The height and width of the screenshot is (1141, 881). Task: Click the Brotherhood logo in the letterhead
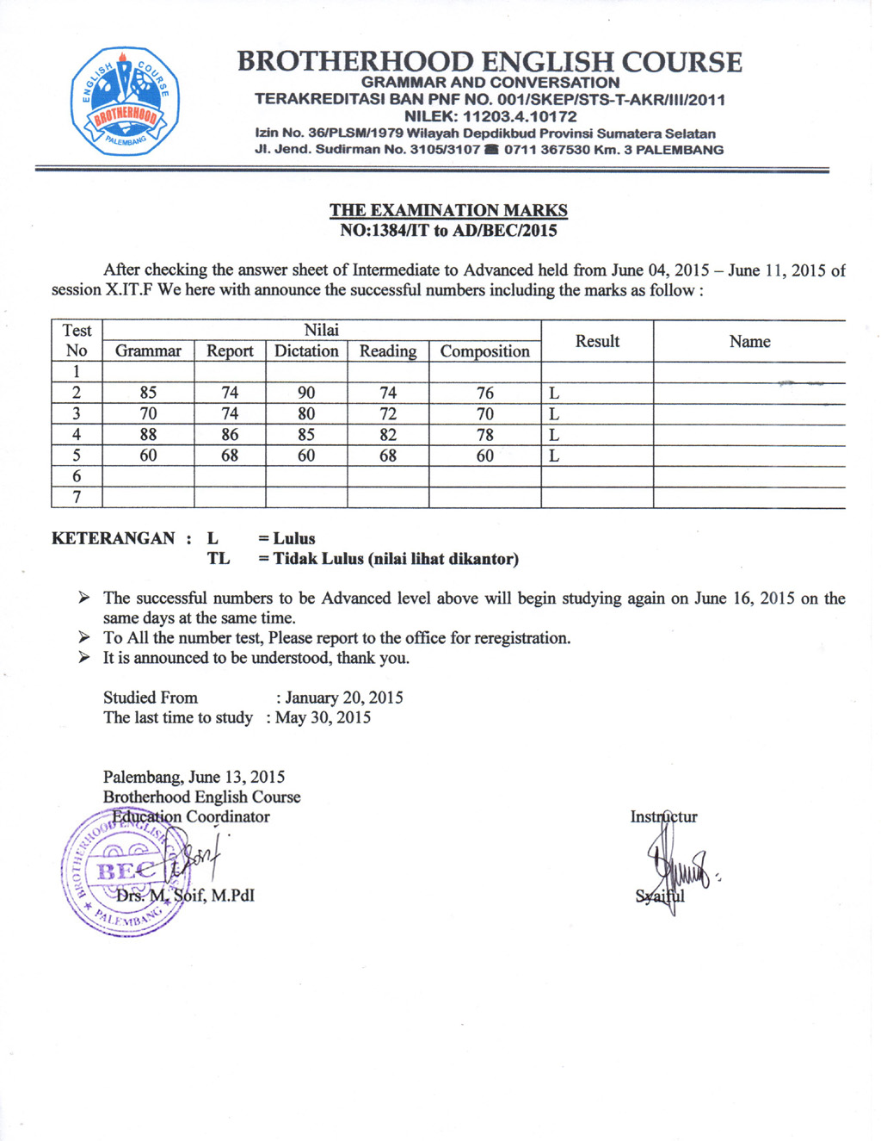(126, 101)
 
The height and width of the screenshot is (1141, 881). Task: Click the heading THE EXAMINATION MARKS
(448, 210)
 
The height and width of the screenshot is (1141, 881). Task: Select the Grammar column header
(148, 351)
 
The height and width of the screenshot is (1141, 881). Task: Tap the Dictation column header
(306, 351)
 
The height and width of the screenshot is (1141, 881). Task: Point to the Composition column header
(484, 351)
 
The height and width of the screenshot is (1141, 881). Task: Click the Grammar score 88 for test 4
(148, 435)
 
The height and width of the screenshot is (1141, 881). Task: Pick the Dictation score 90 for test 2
(306, 393)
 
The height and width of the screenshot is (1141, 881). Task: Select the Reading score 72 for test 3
(388, 414)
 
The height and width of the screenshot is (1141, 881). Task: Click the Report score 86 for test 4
(230, 435)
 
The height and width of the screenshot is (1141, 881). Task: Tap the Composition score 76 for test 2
(485, 393)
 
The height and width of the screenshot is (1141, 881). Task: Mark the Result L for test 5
(554, 456)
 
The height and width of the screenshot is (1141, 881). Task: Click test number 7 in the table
(77, 498)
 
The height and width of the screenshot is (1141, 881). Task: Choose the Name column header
(749, 342)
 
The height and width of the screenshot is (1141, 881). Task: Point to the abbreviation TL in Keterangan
(219, 559)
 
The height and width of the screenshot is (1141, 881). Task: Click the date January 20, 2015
(343, 698)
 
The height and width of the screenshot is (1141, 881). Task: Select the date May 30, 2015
(323, 718)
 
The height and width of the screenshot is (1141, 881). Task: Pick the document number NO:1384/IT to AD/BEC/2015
(448, 231)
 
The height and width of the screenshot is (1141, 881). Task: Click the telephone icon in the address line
(491, 150)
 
